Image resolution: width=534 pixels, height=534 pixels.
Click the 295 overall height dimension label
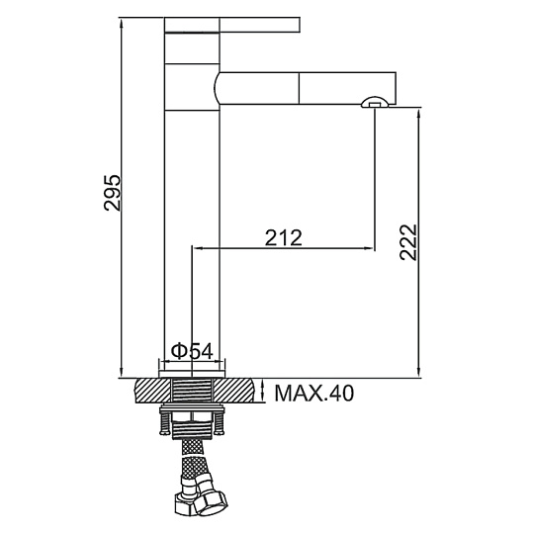pos(113,193)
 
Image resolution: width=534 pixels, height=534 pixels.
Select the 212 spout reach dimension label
pos(284,237)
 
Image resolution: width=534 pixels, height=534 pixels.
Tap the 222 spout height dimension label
pos(408,242)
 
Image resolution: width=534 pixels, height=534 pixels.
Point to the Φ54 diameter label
pos(192,351)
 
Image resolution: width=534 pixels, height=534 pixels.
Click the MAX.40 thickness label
pos(314,394)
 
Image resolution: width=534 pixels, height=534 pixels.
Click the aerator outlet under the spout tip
pos(374,102)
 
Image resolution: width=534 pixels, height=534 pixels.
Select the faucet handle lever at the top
pos(232,25)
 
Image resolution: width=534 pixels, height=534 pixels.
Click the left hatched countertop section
pos(153,391)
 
